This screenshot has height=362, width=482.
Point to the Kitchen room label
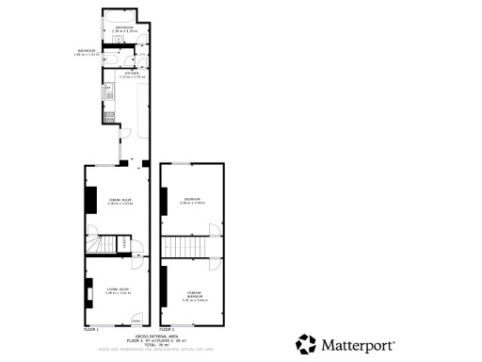coord(131,73)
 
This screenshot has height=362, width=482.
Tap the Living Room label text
coord(117,290)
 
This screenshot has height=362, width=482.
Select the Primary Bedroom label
coord(193,296)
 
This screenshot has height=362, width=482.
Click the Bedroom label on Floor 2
coord(192,201)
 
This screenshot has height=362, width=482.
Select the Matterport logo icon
coord(306,344)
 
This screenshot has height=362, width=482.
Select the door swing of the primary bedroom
coord(215,263)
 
